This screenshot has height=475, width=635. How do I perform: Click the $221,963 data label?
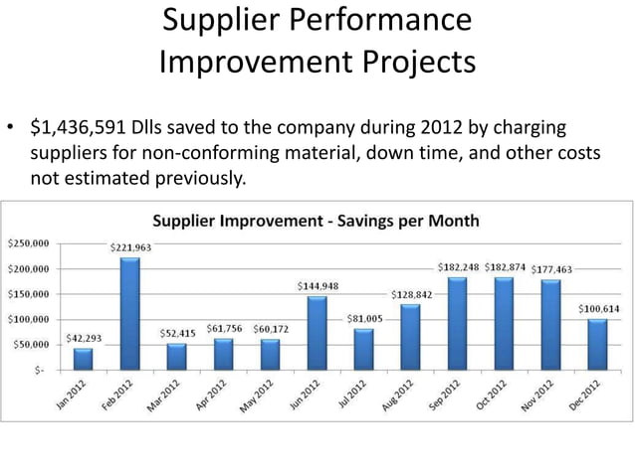129,247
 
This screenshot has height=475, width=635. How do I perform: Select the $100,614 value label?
600,309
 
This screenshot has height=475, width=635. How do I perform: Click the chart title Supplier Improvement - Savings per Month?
315,220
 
